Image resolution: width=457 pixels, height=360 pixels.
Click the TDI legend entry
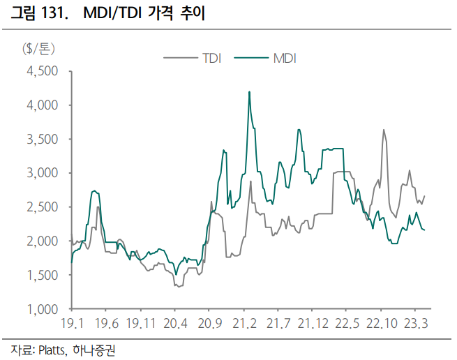coord(211,58)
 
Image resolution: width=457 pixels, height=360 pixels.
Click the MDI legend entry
coord(285,58)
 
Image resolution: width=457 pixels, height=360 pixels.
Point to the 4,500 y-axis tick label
coord(43,71)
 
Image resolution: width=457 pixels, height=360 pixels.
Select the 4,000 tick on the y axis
coord(43,105)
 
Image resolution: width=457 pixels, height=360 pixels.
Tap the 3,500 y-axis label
coord(43,139)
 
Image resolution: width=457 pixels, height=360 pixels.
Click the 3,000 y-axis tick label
coord(43,173)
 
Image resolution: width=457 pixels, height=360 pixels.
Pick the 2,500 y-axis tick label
coord(43,207)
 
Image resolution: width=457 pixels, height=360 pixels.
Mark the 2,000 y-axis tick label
coord(43,241)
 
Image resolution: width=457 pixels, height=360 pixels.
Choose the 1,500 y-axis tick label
coord(43,275)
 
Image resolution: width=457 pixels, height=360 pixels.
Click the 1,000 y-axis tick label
coord(43,308)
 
